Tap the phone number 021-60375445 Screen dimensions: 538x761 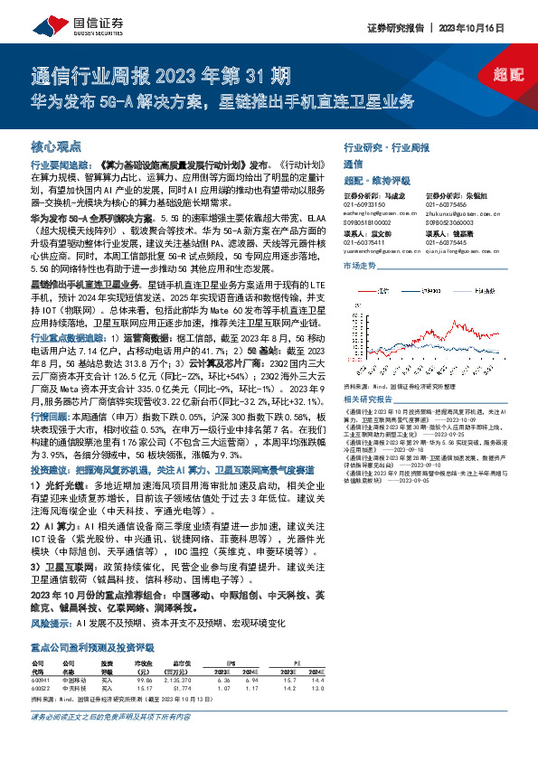click(445, 241)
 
